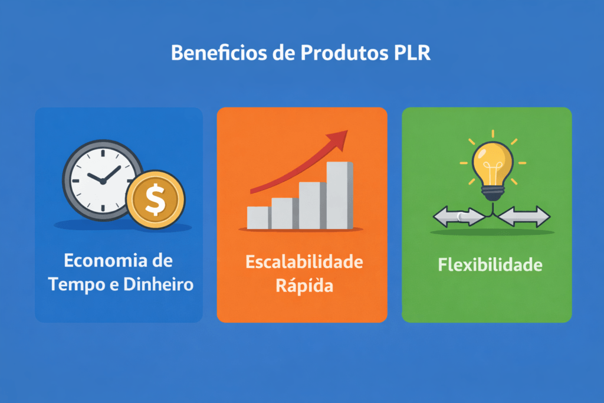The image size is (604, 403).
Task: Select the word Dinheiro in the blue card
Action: click(159, 284)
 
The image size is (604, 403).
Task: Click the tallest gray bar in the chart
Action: click(340, 195)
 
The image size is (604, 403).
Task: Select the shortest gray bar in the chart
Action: click(258, 218)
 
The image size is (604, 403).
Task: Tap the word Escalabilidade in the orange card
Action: click(304, 263)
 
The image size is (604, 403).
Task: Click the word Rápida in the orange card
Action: click(304, 286)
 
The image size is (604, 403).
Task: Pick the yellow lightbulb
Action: click(493, 162)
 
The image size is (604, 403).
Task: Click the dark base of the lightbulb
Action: click(493, 191)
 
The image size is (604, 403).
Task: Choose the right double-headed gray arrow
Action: click(524, 217)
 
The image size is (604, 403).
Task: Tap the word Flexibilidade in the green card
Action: click(490, 265)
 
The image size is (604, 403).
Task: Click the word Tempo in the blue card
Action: click(74, 284)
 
